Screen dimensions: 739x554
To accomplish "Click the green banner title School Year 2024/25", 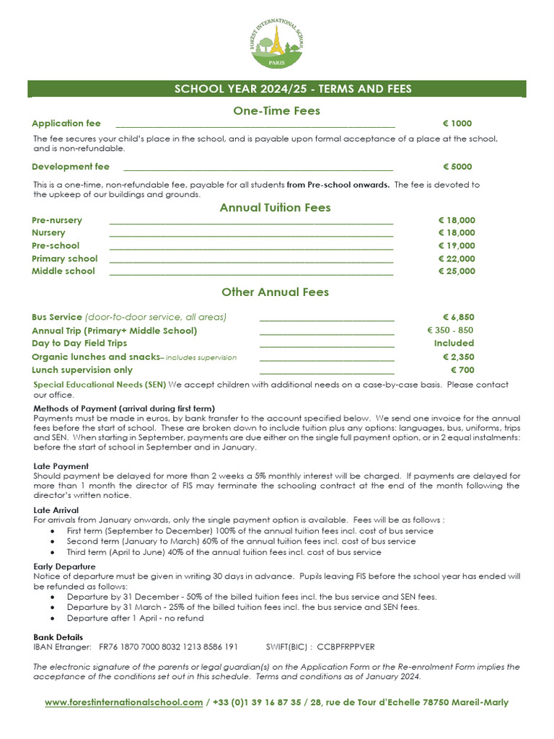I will [x=293, y=89].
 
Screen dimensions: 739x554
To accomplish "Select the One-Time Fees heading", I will [x=276, y=110].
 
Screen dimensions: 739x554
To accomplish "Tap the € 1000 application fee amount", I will [x=457, y=123].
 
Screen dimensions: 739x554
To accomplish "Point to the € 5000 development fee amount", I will [x=457, y=167].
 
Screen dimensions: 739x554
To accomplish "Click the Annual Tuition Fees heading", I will [x=275, y=208].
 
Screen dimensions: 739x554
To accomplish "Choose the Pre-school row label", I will [x=56, y=245].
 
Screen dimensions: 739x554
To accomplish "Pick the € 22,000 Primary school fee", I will [x=457, y=258].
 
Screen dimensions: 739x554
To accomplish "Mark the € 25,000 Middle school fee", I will [x=457, y=271].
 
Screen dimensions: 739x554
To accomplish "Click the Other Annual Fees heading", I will [x=275, y=292].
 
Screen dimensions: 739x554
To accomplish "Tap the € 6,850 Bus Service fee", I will [x=458, y=317].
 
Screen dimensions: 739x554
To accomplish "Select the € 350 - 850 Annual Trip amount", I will [x=451, y=330].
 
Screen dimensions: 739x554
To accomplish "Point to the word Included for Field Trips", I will [x=454, y=343].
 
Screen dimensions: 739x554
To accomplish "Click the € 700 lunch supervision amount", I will [x=462, y=370].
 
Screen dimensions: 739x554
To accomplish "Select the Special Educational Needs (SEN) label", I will [x=100, y=385].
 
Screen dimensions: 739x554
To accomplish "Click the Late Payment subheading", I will [x=61, y=466].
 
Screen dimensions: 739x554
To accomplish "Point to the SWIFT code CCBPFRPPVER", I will [x=346, y=647].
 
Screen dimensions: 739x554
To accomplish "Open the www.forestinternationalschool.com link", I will [x=123, y=702].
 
